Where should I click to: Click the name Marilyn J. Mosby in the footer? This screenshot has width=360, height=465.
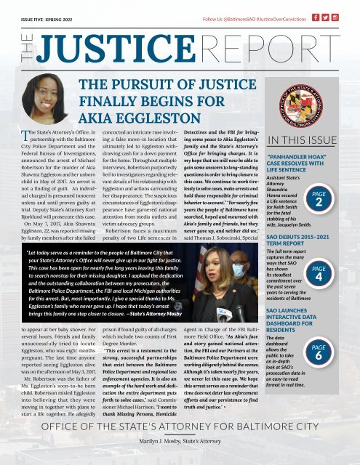click(180, 441)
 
